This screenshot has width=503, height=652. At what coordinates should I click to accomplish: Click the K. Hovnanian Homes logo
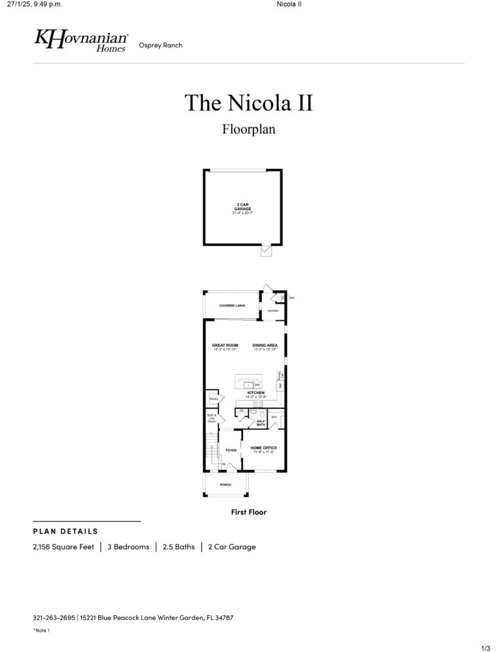(x=81, y=41)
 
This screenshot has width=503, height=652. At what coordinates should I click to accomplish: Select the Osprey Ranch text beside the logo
(x=160, y=45)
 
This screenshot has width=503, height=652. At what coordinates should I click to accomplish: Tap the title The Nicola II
(x=248, y=103)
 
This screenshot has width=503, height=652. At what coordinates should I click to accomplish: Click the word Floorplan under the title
(x=248, y=129)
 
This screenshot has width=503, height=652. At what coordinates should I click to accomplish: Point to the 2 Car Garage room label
(x=242, y=208)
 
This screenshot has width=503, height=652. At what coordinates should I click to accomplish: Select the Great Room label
(x=225, y=346)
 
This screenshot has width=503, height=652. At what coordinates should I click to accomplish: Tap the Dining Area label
(x=265, y=346)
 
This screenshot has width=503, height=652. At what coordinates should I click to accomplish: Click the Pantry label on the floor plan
(x=213, y=399)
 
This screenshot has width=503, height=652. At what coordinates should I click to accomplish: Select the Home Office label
(x=264, y=448)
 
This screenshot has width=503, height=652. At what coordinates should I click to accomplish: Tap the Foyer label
(x=231, y=450)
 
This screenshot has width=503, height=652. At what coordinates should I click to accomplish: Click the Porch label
(x=225, y=484)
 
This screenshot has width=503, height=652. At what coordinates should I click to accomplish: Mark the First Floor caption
(x=249, y=512)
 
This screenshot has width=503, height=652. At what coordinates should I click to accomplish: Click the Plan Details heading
(x=65, y=531)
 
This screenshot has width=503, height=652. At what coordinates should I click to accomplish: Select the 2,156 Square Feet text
(x=64, y=547)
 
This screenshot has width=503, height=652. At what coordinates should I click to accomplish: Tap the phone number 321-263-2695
(x=54, y=617)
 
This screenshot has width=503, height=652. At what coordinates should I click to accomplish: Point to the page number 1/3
(x=485, y=647)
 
